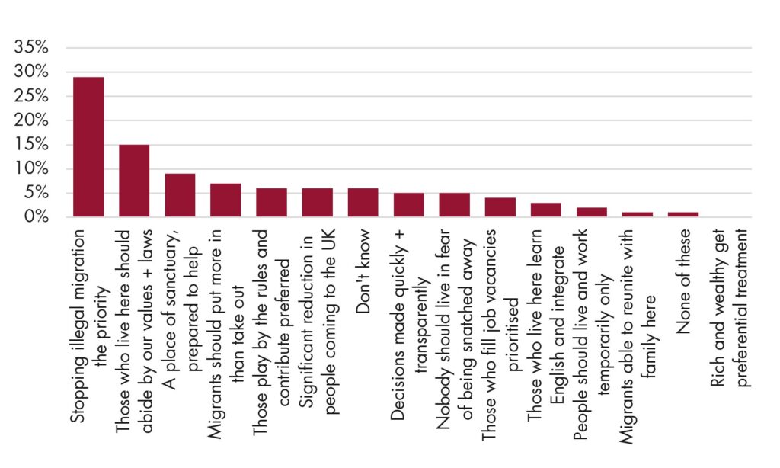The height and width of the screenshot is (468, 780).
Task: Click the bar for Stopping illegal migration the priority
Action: pos(88,147)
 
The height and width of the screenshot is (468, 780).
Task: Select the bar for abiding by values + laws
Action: pos(134,181)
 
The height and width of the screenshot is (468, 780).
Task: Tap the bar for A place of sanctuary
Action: pos(180,195)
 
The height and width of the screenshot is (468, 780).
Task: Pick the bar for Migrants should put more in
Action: pos(225,200)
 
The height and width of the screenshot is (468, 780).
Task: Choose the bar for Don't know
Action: pos(363,203)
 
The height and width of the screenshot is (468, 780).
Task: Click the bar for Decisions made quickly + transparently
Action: pos(409,205)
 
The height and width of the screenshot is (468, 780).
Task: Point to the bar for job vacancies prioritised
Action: pos(500,207)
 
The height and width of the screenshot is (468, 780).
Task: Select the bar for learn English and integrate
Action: pos(546,210)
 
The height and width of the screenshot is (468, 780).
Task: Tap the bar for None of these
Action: pos(683,215)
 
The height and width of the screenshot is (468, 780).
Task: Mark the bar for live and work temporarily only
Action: pos(592,212)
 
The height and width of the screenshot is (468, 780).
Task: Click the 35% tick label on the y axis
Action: pos(31,47)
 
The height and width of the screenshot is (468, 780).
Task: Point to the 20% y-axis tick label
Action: pos(31,120)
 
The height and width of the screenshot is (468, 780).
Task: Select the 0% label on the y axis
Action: pos(37,216)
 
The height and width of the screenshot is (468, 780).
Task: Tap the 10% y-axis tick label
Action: pos(31,168)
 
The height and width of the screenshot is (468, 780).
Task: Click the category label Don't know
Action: pos(363,271)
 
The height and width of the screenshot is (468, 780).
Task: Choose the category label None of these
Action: pos(684,281)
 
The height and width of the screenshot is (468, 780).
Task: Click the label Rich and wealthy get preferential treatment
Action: pos(729,308)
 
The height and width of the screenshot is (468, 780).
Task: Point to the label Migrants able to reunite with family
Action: pos(638,336)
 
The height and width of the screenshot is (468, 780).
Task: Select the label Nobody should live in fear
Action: pos(455,329)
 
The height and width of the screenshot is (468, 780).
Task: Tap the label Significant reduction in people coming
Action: pos(318,321)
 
